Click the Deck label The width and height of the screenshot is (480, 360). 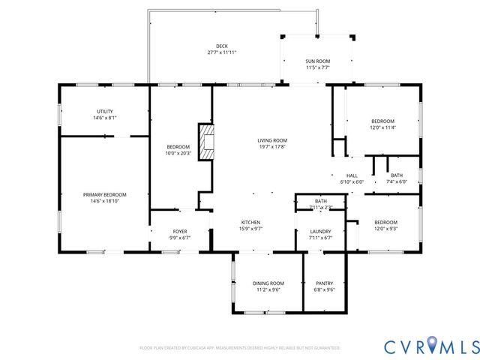[x=222, y=46]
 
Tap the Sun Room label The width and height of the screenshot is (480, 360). [x=317, y=61]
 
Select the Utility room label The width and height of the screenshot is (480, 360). [x=105, y=111]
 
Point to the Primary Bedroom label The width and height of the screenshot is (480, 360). [x=104, y=194]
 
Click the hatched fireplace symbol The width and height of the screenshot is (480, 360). [x=205, y=140]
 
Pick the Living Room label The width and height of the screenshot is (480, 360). [x=272, y=140]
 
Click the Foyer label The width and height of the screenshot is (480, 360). [x=180, y=231]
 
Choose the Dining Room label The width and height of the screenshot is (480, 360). [x=267, y=283]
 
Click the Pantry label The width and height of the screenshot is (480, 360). [x=325, y=283]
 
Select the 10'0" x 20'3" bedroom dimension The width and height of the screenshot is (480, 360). [x=178, y=153]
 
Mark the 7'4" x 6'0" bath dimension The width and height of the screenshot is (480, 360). [x=396, y=181]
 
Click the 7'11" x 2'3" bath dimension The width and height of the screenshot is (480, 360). [x=320, y=207]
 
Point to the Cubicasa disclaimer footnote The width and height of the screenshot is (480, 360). [x=240, y=348]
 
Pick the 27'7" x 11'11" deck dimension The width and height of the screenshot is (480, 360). [x=222, y=52]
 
